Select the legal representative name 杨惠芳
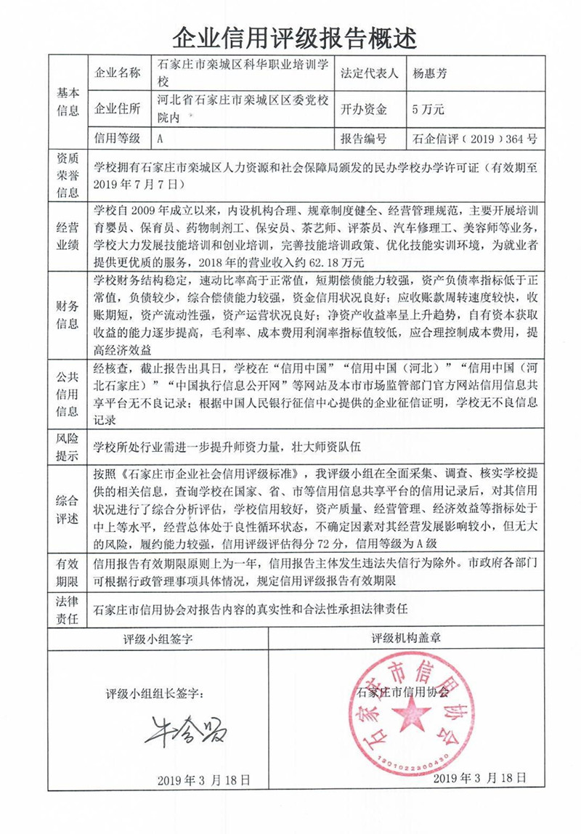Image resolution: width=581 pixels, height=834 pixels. (431, 73)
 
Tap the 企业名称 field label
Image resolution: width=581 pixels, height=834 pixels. (118, 73)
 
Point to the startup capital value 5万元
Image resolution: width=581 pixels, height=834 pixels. (427, 110)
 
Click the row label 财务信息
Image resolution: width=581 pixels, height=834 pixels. (67, 315)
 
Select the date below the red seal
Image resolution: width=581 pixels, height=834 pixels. (478, 777)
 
